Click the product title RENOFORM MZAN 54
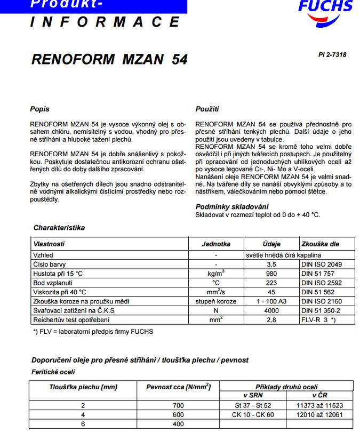(x=109, y=59)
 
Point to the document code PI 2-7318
(x=332, y=54)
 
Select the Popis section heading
(x=39, y=109)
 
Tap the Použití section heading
(x=207, y=109)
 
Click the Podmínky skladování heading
(x=231, y=206)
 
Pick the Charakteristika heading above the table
(x=59, y=228)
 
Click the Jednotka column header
(x=216, y=244)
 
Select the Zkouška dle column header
(x=320, y=244)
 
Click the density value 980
(x=271, y=274)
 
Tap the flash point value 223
(x=271, y=283)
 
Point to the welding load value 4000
(x=271, y=310)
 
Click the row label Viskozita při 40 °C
(x=60, y=292)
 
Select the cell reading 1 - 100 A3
(x=271, y=301)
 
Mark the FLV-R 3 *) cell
(x=318, y=319)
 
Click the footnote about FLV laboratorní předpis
(x=93, y=332)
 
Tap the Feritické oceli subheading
(x=53, y=372)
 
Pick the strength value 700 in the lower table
(x=178, y=406)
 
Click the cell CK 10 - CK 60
(x=253, y=415)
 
